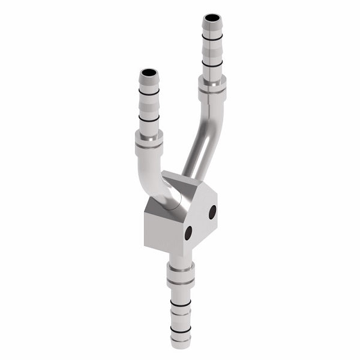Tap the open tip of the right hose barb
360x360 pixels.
[211, 19]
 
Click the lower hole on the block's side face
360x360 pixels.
[188, 233]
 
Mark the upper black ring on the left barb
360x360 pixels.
[149, 92]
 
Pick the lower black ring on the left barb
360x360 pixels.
[149, 118]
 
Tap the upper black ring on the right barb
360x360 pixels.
[212, 38]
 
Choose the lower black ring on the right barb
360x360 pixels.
[212, 63]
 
